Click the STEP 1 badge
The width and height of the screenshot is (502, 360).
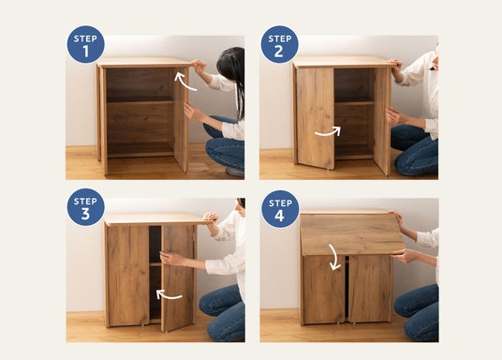pos(85,44)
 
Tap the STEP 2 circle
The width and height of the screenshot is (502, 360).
pos(279,44)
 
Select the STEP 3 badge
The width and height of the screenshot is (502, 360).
pos(85,207)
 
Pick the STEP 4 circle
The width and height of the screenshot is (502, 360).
pos(280,209)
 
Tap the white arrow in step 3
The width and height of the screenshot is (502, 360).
pos(168,295)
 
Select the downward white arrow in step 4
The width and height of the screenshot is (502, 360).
pos(334,258)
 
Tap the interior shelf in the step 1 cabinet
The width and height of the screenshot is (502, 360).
pos(140,101)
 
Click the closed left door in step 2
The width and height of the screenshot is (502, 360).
pos(316,118)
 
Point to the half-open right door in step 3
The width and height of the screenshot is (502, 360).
pos(178,277)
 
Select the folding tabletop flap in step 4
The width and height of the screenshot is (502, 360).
pos(352,234)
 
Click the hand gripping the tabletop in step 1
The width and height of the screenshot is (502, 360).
pos(199,67)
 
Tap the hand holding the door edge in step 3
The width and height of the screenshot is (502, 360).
pos(170,258)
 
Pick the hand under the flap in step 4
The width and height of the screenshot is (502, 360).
pos(404,256)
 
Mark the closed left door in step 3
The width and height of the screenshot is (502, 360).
pos(128,276)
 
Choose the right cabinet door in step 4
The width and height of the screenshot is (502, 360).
pos(369,289)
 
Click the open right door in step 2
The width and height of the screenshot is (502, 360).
pos(382,121)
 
